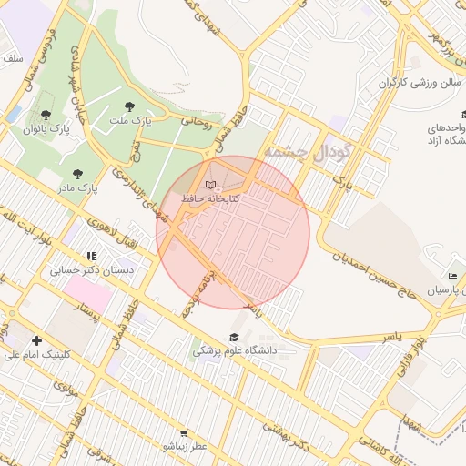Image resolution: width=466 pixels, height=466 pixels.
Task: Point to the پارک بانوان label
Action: point(46,129)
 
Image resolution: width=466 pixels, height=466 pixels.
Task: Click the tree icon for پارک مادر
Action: point(76,174)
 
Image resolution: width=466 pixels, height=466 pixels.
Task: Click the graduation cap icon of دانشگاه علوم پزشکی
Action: point(234,338)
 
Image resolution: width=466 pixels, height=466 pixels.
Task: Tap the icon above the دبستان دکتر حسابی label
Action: point(90,257)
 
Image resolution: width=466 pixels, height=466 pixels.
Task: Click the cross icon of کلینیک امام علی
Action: point(36,340)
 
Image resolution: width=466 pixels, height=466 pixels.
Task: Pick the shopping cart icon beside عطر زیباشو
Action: point(184,433)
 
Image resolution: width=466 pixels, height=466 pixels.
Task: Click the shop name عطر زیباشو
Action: point(186,446)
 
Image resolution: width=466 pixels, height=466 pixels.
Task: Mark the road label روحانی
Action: point(195,119)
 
